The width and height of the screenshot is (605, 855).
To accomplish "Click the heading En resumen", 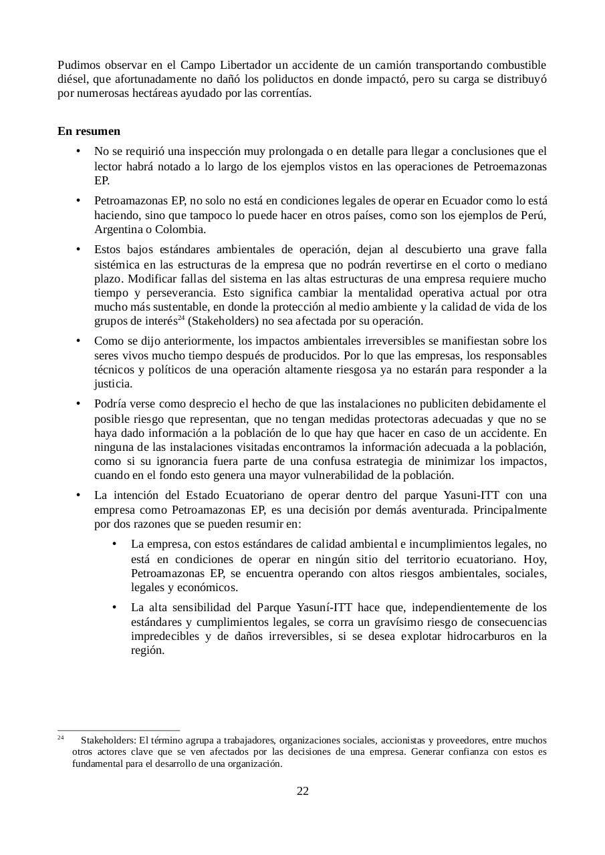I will [x=89, y=131].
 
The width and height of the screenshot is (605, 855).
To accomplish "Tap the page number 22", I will [x=302, y=792].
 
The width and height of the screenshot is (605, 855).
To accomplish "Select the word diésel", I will [x=72, y=79].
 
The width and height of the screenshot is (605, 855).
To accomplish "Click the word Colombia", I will [x=183, y=230].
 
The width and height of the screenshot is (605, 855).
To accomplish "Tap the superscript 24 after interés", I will [x=181, y=318].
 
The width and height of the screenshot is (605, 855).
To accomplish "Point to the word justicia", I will [x=113, y=384].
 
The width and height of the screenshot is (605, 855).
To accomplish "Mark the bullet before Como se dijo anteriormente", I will [x=79, y=341].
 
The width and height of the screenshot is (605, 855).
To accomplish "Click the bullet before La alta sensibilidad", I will [x=116, y=607].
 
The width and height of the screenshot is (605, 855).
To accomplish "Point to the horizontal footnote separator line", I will [x=118, y=730].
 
